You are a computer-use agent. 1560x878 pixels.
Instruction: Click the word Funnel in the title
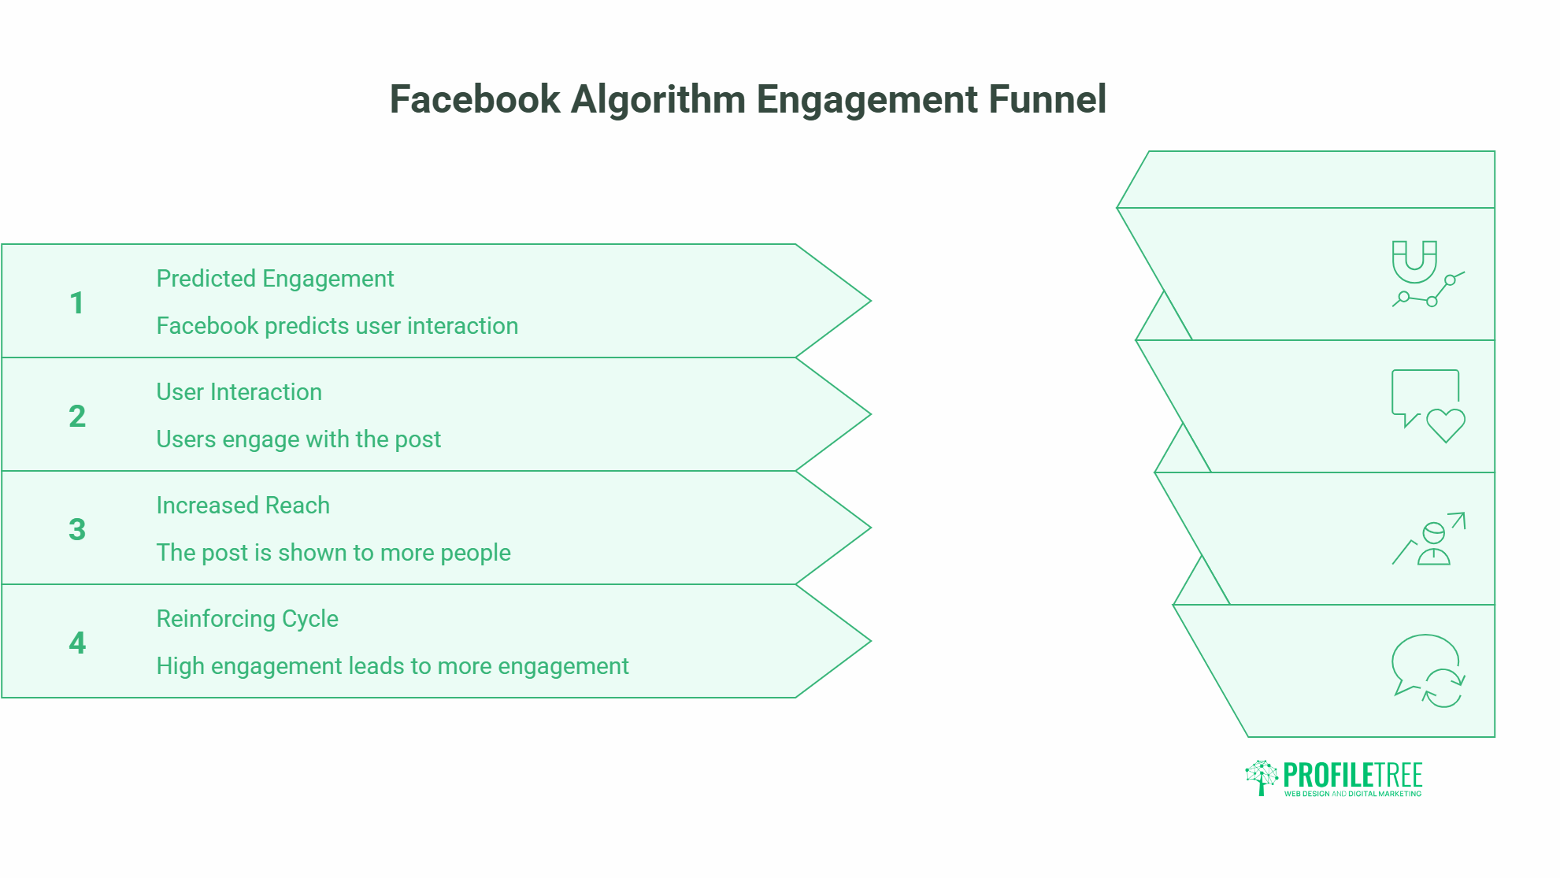click(x=1047, y=100)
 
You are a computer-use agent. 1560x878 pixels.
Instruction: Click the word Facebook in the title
click(x=475, y=100)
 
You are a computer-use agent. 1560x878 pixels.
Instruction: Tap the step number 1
click(x=76, y=303)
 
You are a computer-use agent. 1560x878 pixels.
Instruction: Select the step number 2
click(x=77, y=417)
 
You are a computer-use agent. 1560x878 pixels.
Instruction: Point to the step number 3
click(x=77, y=530)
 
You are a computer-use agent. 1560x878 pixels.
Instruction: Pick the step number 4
click(x=77, y=643)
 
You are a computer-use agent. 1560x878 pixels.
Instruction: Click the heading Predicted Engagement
click(x=275, y=279)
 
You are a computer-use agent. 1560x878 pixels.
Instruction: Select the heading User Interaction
click(x=239, y=392)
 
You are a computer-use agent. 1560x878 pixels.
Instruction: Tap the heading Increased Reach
click(x=243, y=506)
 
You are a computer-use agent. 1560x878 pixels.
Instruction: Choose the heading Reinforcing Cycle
click(x=247, y=619)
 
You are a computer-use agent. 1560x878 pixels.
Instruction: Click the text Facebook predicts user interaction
click(x=337, y=326)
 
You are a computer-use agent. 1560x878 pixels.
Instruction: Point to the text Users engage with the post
click(x=298, y=439)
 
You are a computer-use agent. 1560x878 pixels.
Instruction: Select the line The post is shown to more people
click(x=333, y=553)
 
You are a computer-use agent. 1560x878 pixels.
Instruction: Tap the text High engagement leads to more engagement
click(x=392, y=666)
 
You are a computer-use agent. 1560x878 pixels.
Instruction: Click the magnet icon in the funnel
click(x=1414, y=261)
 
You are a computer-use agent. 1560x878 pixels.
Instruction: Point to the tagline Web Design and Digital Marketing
click(x=1353, y=794)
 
